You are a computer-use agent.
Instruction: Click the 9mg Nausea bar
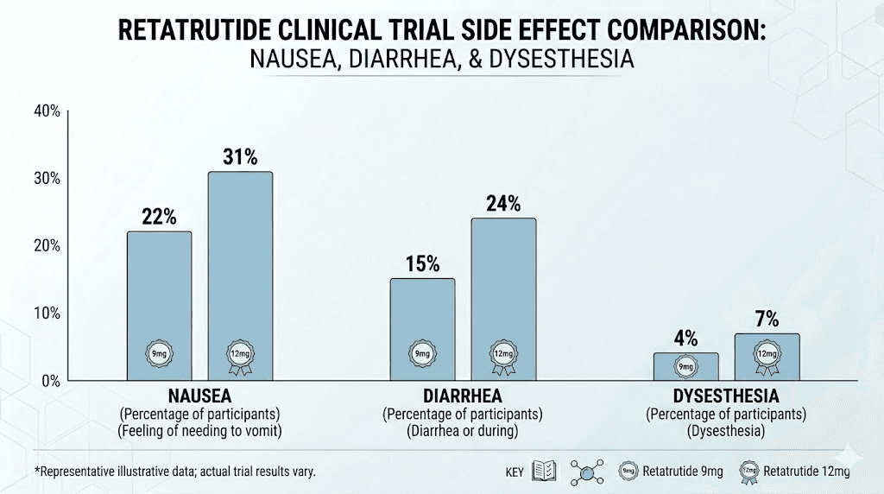coord(159,306)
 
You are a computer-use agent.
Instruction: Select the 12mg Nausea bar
coord(239,275)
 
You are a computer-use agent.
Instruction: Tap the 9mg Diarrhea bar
coord(422,329)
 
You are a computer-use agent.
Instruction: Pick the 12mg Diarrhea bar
coord(502,299)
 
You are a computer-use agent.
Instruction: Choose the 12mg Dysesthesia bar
coord(766,357)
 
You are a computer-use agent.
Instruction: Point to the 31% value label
coord(239,157)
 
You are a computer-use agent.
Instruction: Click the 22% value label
coord(159,218)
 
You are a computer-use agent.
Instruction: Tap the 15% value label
coord(422,264)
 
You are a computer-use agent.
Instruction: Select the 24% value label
coord(502,204)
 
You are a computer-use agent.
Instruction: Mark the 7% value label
coord(766,320)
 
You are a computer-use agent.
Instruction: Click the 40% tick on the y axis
coord(47,111)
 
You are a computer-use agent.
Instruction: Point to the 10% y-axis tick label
coord(47,313)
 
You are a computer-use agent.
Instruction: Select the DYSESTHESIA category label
coord(725,396)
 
